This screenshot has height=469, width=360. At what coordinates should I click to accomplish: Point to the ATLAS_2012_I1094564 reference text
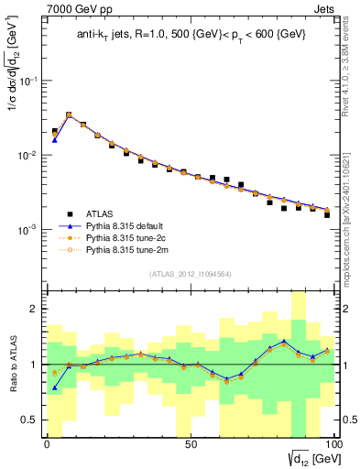click(x=190, y=273)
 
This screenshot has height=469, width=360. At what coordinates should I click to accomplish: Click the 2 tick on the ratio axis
click(x=34, y=310)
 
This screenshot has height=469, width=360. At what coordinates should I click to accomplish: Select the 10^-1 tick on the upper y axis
click(x=27, y=82)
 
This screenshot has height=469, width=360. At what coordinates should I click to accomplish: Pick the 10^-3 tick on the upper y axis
click(x=27, y=230)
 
